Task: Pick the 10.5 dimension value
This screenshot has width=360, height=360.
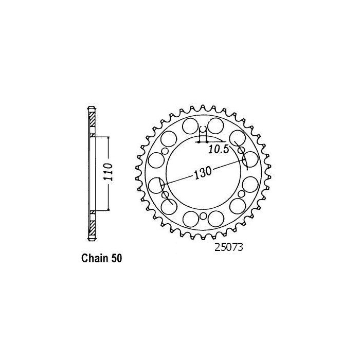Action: click(219, 149)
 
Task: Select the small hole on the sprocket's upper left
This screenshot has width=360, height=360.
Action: click(165, 150)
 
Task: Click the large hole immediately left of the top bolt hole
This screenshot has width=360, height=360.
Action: click(189, 125)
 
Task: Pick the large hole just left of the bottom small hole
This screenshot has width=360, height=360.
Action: click(190, 218)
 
